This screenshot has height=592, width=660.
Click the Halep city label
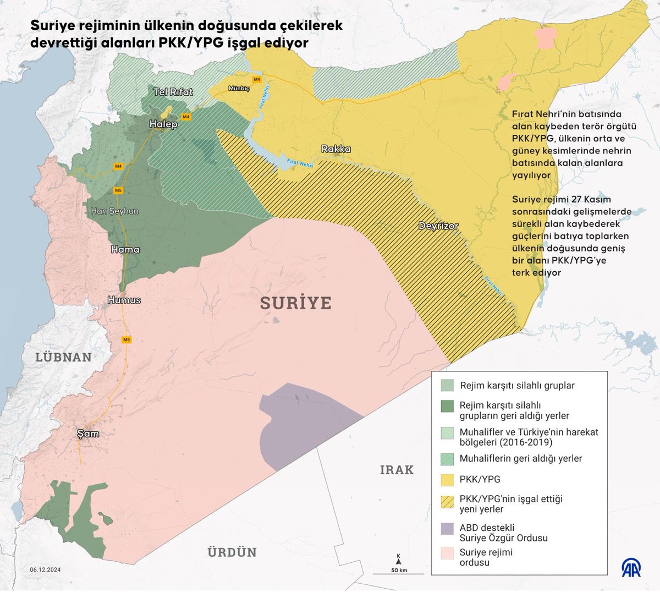(163, 124)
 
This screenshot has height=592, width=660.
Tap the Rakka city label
(336, 149)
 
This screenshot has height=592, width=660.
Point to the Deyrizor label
(438, 226)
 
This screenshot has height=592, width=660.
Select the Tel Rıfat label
(173, 92)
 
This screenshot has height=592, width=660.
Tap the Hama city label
(125, 249)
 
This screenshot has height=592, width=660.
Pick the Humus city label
(124, 300)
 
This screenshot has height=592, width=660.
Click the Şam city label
(88, 434)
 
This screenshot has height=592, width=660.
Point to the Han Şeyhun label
(115, 211)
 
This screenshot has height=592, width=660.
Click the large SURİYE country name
(295, 303)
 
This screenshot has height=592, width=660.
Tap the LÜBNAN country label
(63, 357)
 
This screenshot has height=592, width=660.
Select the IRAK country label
(397, 470)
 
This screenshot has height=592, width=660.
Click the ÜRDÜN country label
(232, 552)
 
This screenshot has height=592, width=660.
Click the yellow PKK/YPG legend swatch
(448, 479)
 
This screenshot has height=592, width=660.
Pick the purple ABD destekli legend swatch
(448, 528)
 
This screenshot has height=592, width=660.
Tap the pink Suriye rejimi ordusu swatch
(448, 552)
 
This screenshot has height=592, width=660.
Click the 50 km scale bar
(399, 572)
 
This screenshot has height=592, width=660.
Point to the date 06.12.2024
(45, 571)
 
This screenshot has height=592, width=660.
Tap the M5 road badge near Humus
(127, 339)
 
